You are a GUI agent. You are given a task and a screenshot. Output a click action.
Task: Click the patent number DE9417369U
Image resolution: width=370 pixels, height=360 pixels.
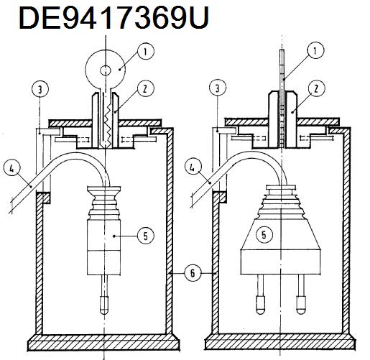tap(114, 18)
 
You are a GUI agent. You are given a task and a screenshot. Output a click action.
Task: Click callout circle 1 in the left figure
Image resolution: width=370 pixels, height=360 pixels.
tap(146, 52)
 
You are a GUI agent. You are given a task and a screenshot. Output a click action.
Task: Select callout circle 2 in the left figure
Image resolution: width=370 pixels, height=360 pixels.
tap(145, 88)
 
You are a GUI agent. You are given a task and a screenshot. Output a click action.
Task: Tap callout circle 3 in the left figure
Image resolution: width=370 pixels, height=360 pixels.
tap(40, 90)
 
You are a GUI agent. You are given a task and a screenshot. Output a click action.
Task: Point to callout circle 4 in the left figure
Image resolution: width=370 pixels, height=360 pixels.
tap(12, 169)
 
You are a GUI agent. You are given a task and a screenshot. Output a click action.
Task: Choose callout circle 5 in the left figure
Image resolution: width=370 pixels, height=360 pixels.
tap(146, 236)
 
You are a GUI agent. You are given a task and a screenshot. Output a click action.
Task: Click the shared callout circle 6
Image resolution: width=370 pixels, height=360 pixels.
tap(193, 273)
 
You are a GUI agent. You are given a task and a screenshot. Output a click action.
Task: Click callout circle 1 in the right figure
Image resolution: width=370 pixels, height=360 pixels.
tap(315, 50)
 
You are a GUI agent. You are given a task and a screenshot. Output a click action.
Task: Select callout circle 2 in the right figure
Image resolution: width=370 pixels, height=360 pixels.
tap(316, 88)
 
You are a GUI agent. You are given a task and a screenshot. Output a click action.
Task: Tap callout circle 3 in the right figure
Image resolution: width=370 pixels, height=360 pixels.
tap(218, 88)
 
